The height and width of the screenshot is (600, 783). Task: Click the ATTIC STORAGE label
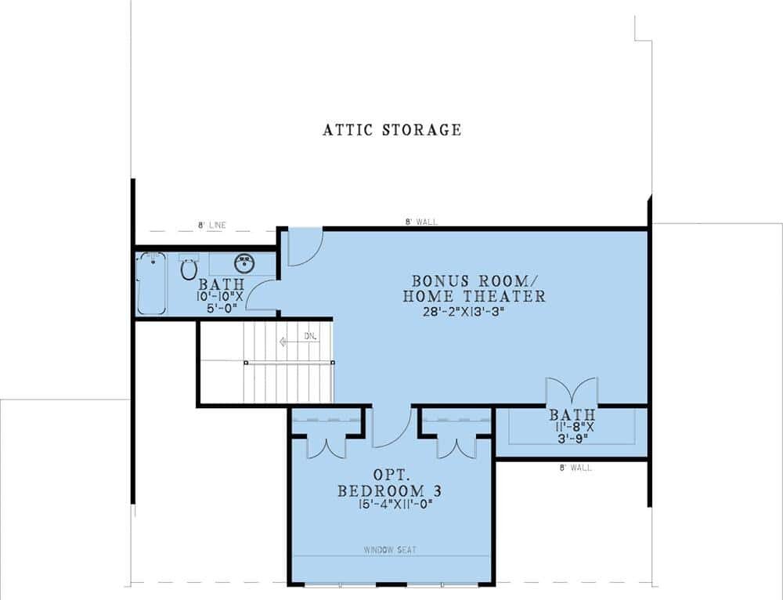coord(391,130)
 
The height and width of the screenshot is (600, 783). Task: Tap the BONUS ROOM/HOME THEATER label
coord(474,288)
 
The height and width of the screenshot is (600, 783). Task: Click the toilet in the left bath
coord(189,269)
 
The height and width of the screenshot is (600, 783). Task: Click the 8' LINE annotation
coord(211,226)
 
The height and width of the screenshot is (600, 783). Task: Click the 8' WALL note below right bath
coord(575,468)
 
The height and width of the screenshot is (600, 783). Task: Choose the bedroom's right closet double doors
coord(457,445)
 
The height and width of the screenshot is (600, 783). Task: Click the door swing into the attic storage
coord(305,246)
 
